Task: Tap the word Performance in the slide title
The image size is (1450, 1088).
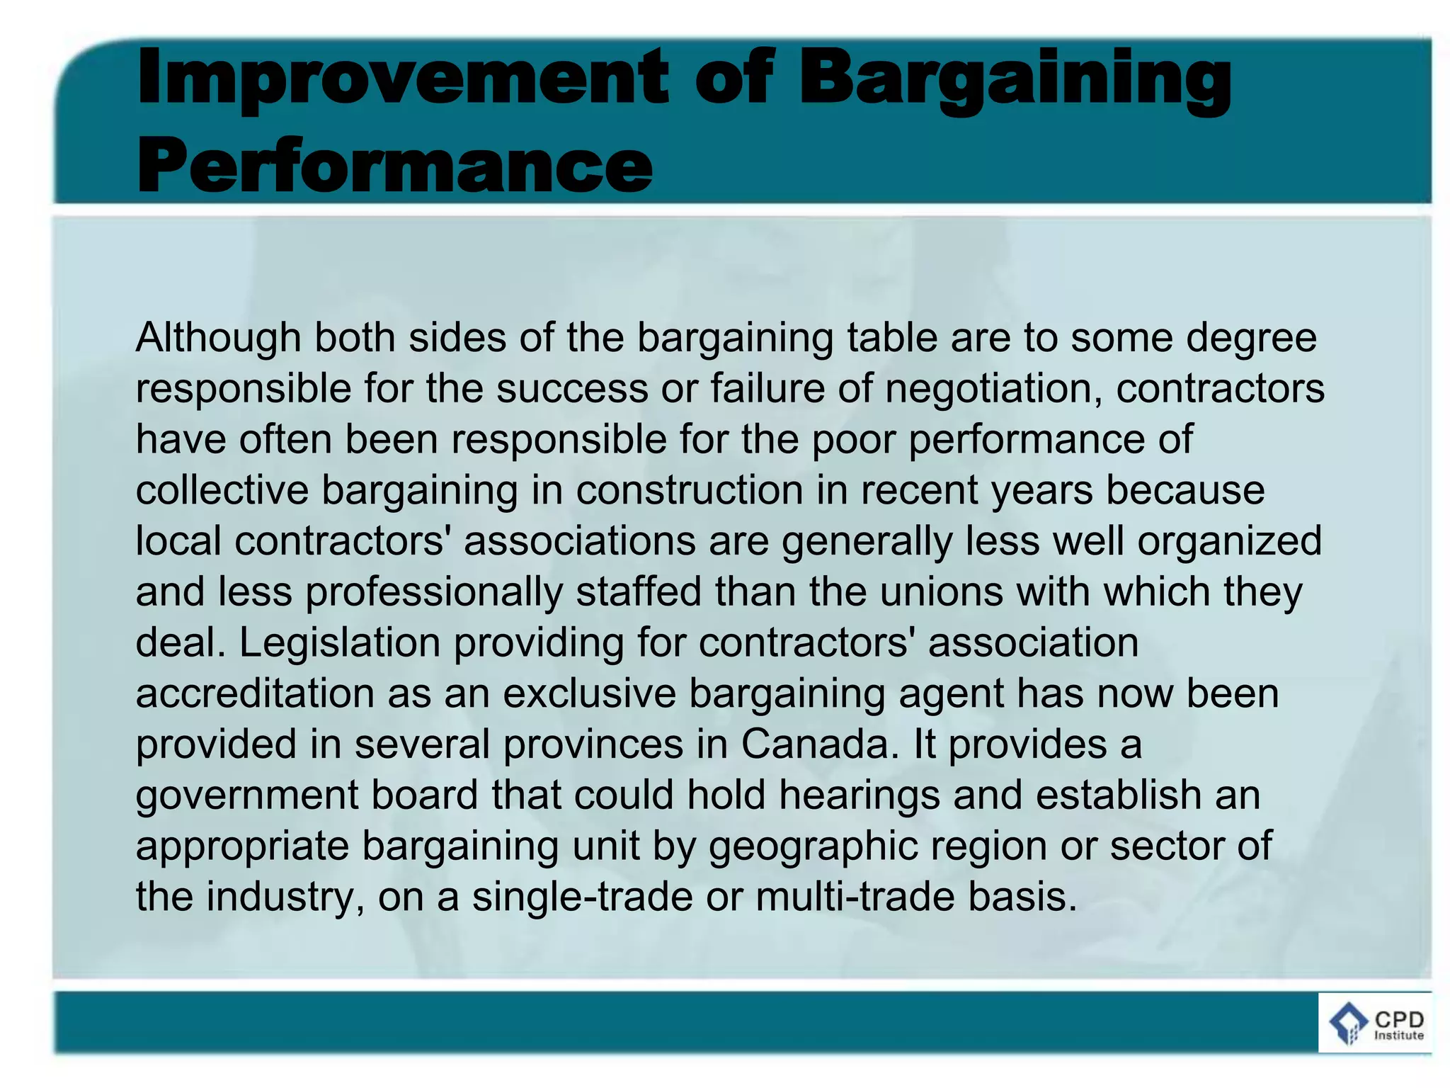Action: point(394,166)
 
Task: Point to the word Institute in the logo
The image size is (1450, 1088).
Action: point(1398,1036)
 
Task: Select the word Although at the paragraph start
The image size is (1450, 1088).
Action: point(218,338)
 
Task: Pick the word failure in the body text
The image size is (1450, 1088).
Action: point(768,388)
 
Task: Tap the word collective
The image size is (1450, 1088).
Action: point(222,490)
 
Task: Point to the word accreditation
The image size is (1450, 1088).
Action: point(255,693)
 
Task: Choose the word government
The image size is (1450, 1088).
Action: point(247,796)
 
